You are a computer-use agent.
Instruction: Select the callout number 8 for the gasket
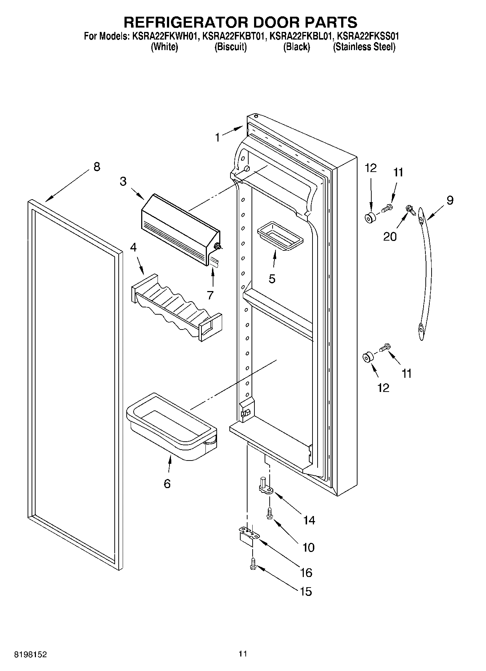(97, 167)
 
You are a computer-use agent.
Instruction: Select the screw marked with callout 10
(269, 513)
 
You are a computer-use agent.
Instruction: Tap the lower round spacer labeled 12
(367, 357)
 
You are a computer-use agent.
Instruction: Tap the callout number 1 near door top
(217, 138)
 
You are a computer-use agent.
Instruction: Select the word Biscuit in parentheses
(230, 47)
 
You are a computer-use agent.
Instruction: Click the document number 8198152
(30, 655)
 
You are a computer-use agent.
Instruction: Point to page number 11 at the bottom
(242, 654)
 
